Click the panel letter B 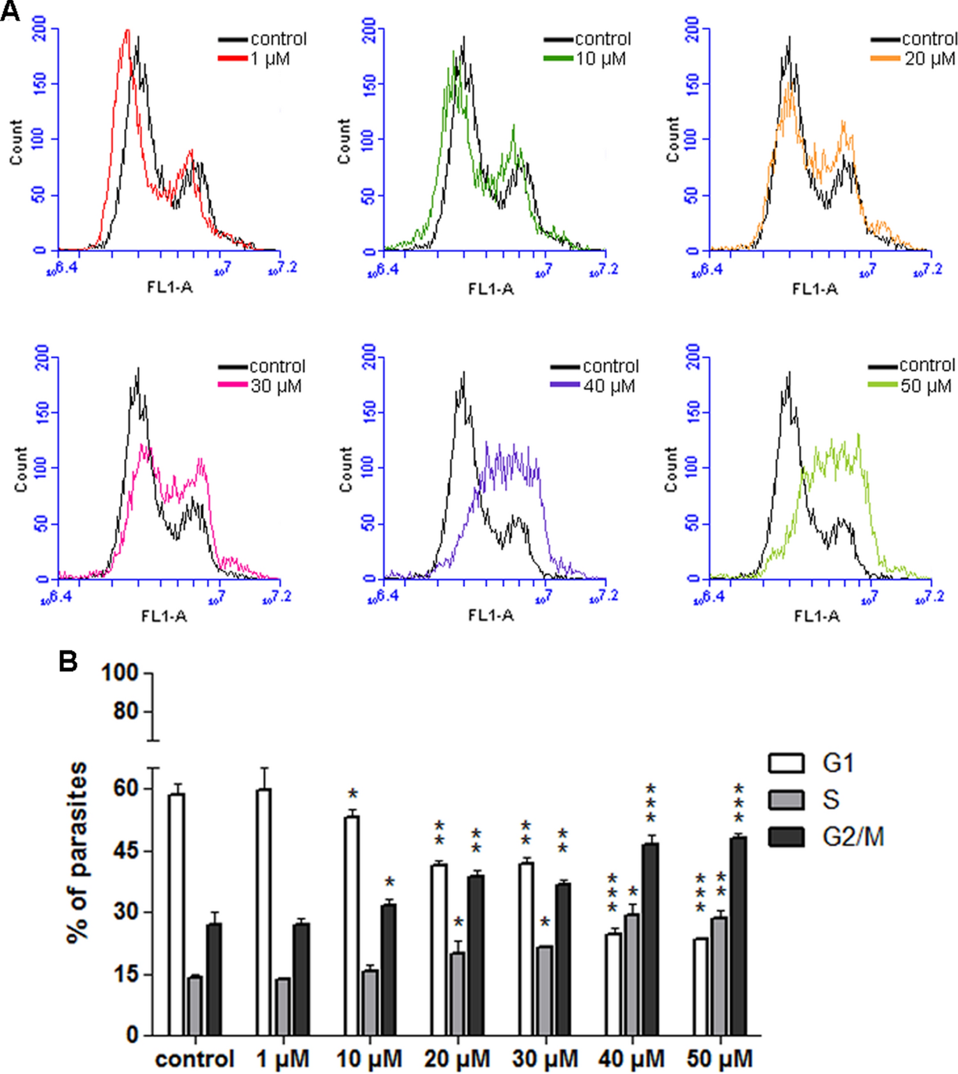[x=68, y=661]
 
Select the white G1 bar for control [x=176, y=914]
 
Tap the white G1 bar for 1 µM [x=263, y=912]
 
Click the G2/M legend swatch [x=786, y=837]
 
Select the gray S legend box [x=786, y=800]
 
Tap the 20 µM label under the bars [x=457, y=1059]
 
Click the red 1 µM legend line [x=233, y=58]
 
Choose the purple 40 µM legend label [x=608, y=386]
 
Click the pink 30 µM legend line [x=233, y=385]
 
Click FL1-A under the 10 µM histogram [x=491, y=289]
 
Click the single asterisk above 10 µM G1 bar [x=353, y=794]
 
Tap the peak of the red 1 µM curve [x=127, y=31]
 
